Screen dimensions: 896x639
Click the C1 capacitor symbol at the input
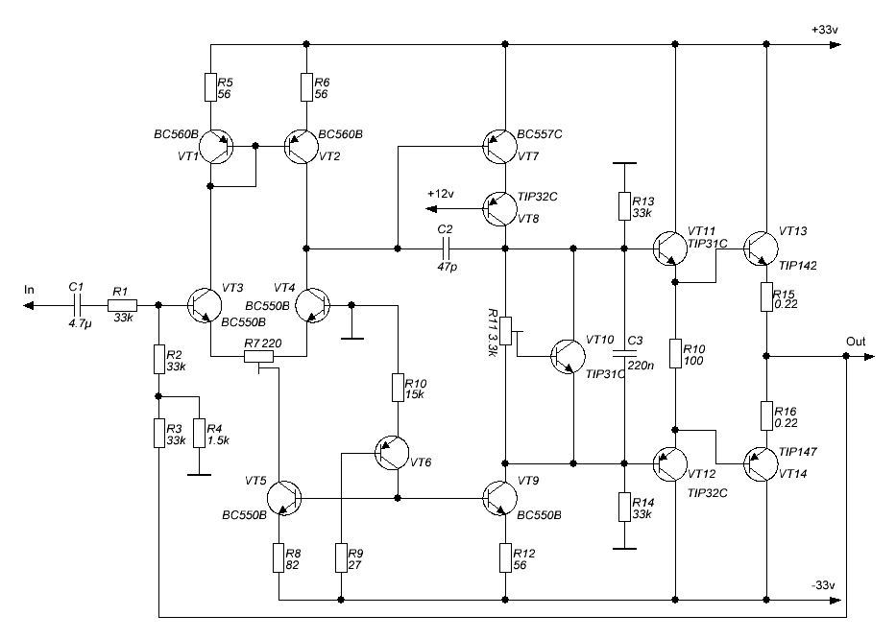tap(76, 305)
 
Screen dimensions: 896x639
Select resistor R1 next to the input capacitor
tap(122, 305)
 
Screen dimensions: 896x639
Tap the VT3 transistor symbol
tap(204, 305)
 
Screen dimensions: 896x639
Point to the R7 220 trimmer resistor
tap(259, 357)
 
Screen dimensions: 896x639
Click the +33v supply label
tap(825, 30)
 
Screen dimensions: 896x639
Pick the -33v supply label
tap(823, 585)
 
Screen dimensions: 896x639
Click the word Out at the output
tap(856, 342)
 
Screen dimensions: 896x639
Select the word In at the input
tap(29, 290)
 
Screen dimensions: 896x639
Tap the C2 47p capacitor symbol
tap(447, 248)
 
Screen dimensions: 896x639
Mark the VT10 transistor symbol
tap(568, 356)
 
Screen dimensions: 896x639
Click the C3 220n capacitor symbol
tap(624, 353)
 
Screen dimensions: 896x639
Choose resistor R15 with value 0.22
tap(766, 296)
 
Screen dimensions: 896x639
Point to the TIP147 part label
tap(798, 452)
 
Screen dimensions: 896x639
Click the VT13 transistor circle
tap(761, 248)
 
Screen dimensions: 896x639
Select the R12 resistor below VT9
tap(505, 557)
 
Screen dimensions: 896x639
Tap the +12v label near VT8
tap(440, 194)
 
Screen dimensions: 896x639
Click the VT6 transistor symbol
tap(392, 453)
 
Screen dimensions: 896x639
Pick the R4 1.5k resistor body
tap(199, 433)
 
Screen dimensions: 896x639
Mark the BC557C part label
tap(540, 134)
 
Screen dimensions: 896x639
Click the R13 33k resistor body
tap(624, 206)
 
